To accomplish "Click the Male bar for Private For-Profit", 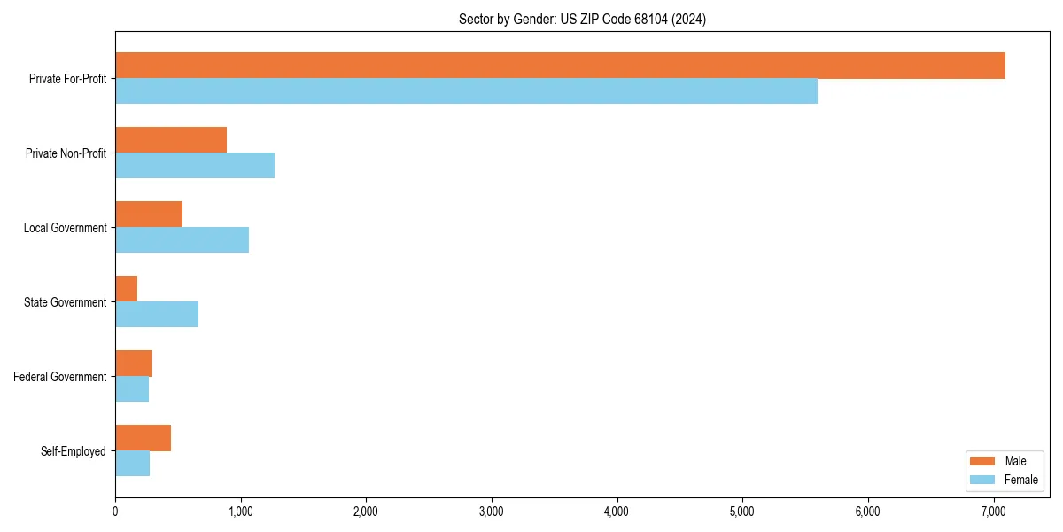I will point(560,66).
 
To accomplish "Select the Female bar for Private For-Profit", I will point(466,91).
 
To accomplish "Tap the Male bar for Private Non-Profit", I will point(171,140).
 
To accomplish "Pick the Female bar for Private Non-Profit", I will point(195,166).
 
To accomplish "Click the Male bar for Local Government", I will point(149,215).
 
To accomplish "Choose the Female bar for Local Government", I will point(182,240).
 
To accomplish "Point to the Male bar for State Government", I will point(127,289).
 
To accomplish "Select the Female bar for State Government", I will point(157,315).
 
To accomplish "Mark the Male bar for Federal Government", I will point(134,364).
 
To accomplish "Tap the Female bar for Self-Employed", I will point(133,464).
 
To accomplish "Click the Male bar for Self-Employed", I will point(143,438).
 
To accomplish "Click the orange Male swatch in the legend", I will point(983,461).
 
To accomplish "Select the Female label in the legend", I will point(1021,480).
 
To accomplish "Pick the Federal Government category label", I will point(60,377).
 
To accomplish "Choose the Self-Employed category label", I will point(74,451).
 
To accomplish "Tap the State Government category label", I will point(66,302).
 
